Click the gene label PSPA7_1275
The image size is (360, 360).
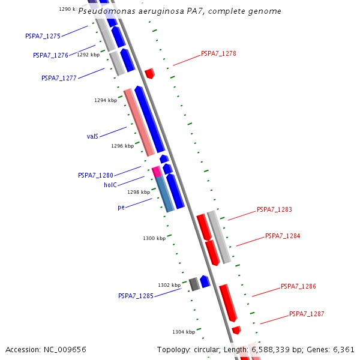tap(43, 36)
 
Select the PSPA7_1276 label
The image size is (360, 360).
tap(50, 55)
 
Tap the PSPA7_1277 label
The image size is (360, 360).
tap(59, 78)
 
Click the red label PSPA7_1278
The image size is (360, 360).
tap(218, 53)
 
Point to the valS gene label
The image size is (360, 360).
tap(92, 136)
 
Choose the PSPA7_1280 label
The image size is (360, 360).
tap(95, 175)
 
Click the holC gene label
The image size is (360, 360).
tap(110, 185)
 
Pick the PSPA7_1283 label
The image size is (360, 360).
tap(274, 209)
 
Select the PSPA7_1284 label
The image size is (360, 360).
tap(283, 236)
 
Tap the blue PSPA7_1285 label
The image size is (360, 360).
tap(136, 296)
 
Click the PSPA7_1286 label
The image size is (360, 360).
tap(298, 286)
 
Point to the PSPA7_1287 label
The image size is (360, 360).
tap(307, 314)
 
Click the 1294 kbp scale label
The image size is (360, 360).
tap(106, 100)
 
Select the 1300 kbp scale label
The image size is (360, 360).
tap(154, 238)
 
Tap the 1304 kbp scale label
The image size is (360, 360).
tap(184, 332)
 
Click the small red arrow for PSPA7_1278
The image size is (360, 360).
tap(149, 73)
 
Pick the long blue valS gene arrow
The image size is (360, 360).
tap(149, 119)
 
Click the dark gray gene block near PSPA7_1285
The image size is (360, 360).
tap(194, 284)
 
